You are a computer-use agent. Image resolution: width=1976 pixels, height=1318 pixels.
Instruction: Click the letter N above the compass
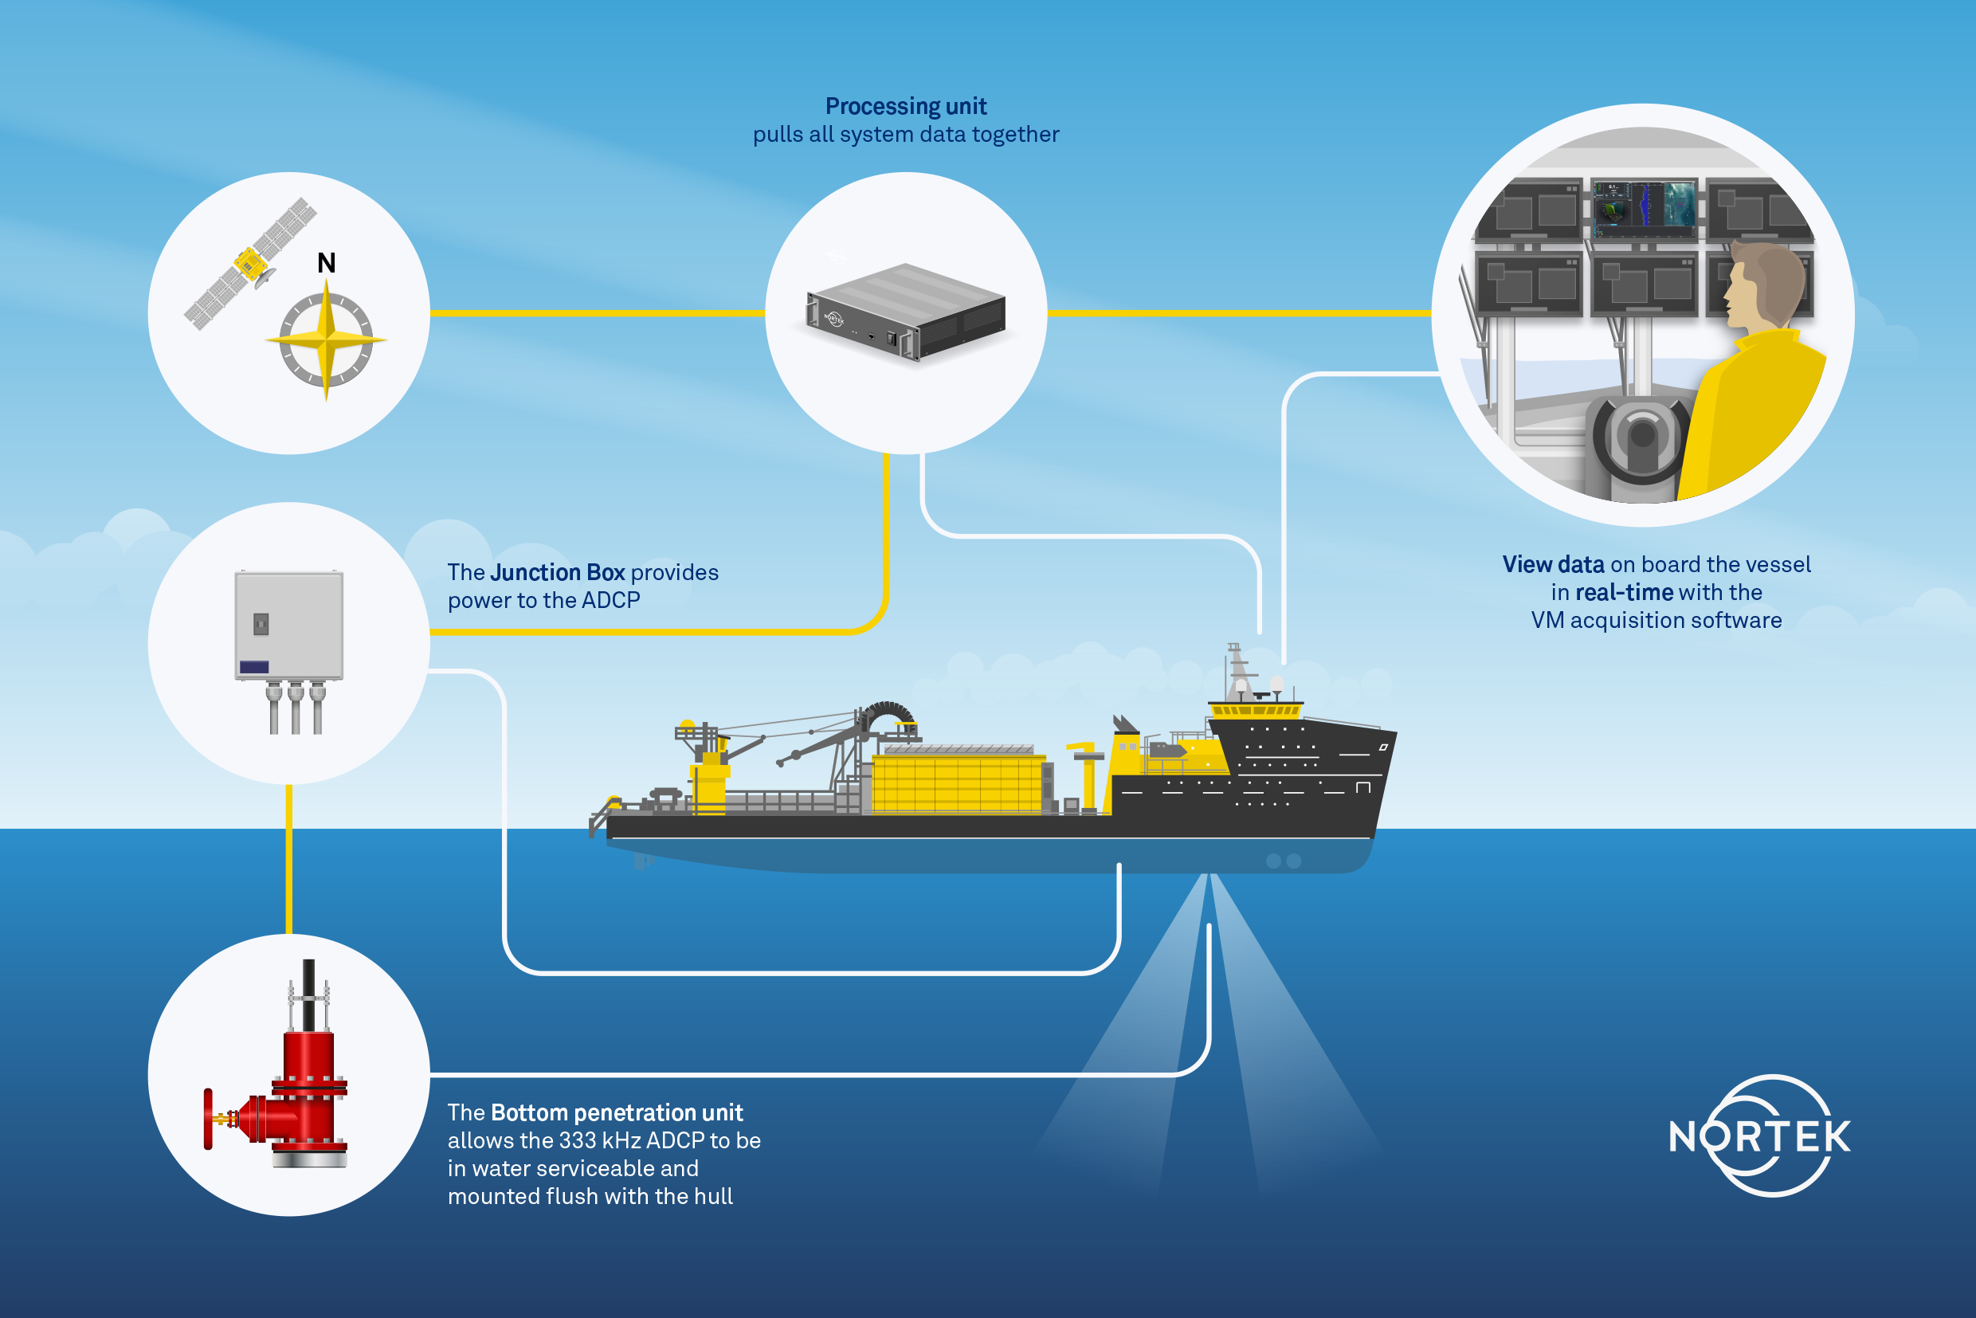pos(326,263)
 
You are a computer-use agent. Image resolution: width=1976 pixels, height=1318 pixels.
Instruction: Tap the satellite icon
pos(250,264)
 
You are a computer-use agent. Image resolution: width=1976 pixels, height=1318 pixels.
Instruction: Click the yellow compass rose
pos(326,340)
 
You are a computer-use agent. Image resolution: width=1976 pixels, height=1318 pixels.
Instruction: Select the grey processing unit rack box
pos(905,312)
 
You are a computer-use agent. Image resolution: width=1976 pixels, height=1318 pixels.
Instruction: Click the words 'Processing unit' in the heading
pos(906,106)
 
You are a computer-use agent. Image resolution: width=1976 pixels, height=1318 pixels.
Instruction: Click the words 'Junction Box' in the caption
pos(557,572)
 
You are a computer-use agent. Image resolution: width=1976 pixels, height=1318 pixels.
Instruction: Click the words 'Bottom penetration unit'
pos(617,1113)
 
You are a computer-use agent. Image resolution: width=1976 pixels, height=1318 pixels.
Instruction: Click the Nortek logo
pos(1760,1136)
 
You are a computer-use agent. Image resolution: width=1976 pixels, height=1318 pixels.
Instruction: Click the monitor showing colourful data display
pos(1643,205)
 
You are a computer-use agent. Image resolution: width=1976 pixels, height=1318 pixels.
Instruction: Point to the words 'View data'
pos(1553,564)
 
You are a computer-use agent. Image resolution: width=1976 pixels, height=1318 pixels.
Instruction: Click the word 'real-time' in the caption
pos(1624,593)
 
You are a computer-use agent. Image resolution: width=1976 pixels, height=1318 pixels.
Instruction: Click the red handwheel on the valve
pos(208,1119)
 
